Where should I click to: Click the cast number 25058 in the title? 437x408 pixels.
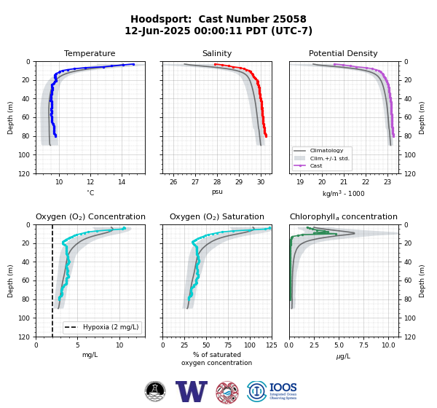pos(289,19)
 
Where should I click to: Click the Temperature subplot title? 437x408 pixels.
pos(90,53)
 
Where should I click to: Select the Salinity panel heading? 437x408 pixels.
pos(217,53)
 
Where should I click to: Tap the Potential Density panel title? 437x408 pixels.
pos(343,53)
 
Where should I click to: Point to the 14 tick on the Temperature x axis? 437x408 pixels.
pos(122,182)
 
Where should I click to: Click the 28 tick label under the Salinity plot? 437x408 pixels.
pos(217,182)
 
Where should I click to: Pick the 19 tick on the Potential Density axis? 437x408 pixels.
pos(300,182)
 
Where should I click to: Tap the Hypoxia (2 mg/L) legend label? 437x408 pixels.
pos(111,327)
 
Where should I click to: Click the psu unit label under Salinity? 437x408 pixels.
pos(217,192)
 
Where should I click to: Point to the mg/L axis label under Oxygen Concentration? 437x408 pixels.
pos(90,355)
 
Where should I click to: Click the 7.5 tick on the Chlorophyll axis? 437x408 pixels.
pos(363,345)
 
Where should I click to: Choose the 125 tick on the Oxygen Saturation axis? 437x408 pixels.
pos(272,345)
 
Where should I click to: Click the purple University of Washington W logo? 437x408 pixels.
pos(192,391)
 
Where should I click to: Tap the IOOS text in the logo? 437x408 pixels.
pos(283,388)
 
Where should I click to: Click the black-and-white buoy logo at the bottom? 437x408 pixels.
pos(155,391)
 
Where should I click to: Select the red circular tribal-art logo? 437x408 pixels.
pos(227,393)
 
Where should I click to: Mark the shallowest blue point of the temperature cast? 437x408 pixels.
pos(133,64)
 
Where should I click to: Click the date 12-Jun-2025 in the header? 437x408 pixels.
pos(157,31)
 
